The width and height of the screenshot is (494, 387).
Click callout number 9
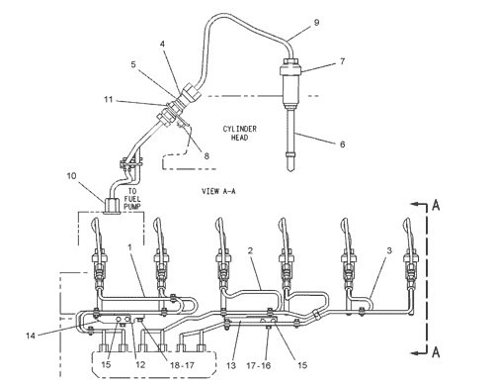click(x=316, y=23)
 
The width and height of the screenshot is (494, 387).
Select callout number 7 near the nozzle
click(x=343, y=61)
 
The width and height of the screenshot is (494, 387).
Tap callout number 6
click(x=343, y=145)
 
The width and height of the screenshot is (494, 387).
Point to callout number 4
click(x=162, y=44)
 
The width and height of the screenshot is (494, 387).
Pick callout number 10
click(x=71, y=176)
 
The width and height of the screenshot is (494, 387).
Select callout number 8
click(x=206, y=155)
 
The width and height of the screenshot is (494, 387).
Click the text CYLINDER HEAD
click(x=239, y=133)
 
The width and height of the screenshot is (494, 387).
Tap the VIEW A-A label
click(x=218, y=191)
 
